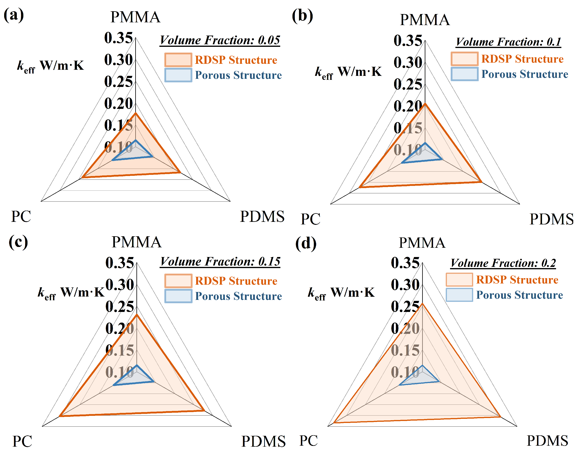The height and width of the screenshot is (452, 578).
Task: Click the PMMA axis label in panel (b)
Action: (x=425, y=20)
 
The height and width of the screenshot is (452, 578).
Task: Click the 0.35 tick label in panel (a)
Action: (x=118, y=38)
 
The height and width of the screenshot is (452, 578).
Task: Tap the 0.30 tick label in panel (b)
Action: (x=408, y=63)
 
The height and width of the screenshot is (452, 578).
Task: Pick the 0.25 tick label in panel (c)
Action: (x=120, y=307)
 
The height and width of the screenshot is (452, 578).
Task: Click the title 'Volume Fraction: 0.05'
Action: (x=220, y=40)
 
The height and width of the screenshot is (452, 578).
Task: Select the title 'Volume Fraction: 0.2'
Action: (x=503, y=263)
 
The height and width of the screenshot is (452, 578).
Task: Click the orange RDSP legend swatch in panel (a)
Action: (x=178, y=60)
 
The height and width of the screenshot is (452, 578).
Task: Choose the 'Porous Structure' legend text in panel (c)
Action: (x=238, y=296)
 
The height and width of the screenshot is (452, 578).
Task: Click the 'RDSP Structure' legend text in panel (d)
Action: (x=517, y=280)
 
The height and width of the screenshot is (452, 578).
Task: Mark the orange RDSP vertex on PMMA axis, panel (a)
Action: (x=136, y=113)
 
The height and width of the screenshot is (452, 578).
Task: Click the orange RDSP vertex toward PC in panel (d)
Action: (x=334, y=423)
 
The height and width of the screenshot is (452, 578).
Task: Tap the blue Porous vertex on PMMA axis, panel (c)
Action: (x=137, y=365)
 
